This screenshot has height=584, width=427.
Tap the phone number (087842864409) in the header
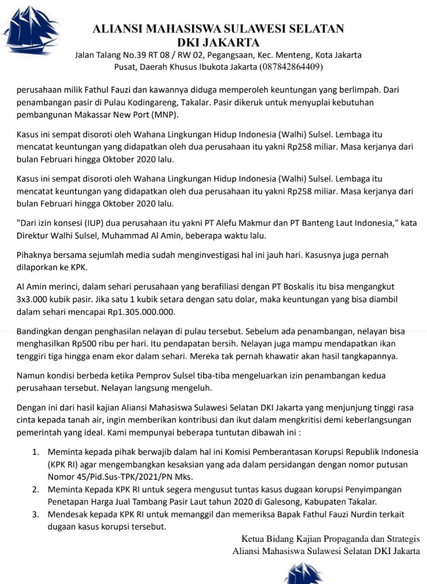pos(291,67)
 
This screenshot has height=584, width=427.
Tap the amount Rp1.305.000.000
pos(139,312)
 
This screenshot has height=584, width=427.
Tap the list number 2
pos(35,490)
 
